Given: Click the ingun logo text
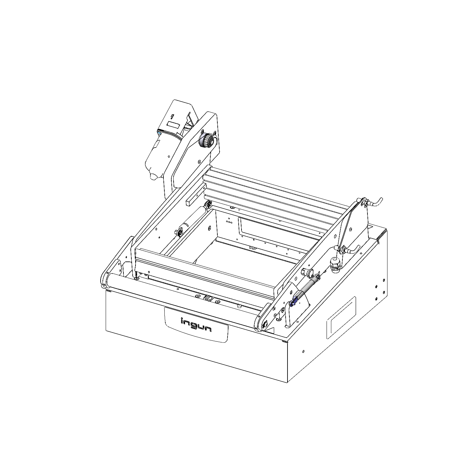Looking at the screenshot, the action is (x=196, y=325).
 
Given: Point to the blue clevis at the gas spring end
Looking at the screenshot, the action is (x=293, y=302).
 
